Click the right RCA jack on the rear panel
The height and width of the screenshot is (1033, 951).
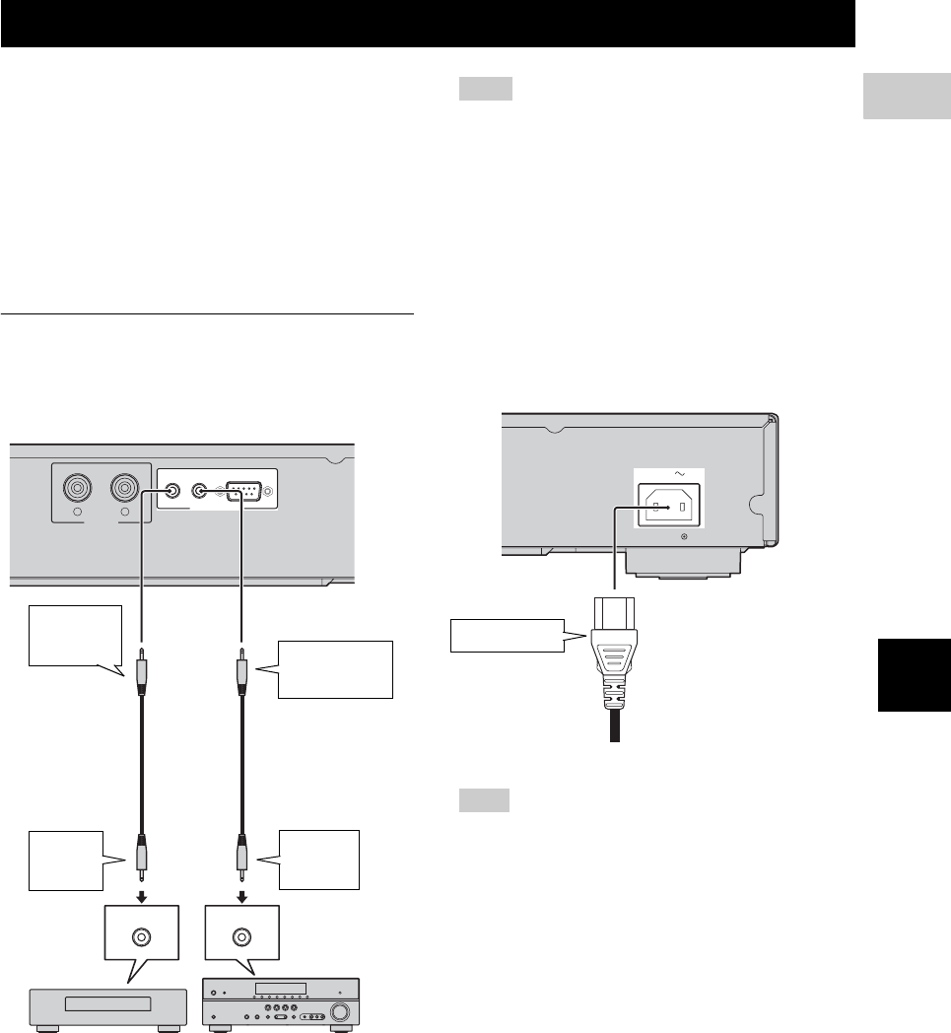pyautogui.click(x=126, y=488)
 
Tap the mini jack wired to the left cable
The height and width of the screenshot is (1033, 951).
pyautogui.click(x=172, y=489)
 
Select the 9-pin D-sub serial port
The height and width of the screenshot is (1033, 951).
pyautogui.click(x=241, y=490)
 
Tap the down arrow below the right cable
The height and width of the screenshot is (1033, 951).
pyautogui.click(x=240, y=895)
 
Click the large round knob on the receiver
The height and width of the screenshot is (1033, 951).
pyautogui.click(x=341, y=1011)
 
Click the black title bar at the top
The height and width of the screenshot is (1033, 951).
pyautogui.click(x=427, y=22)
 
